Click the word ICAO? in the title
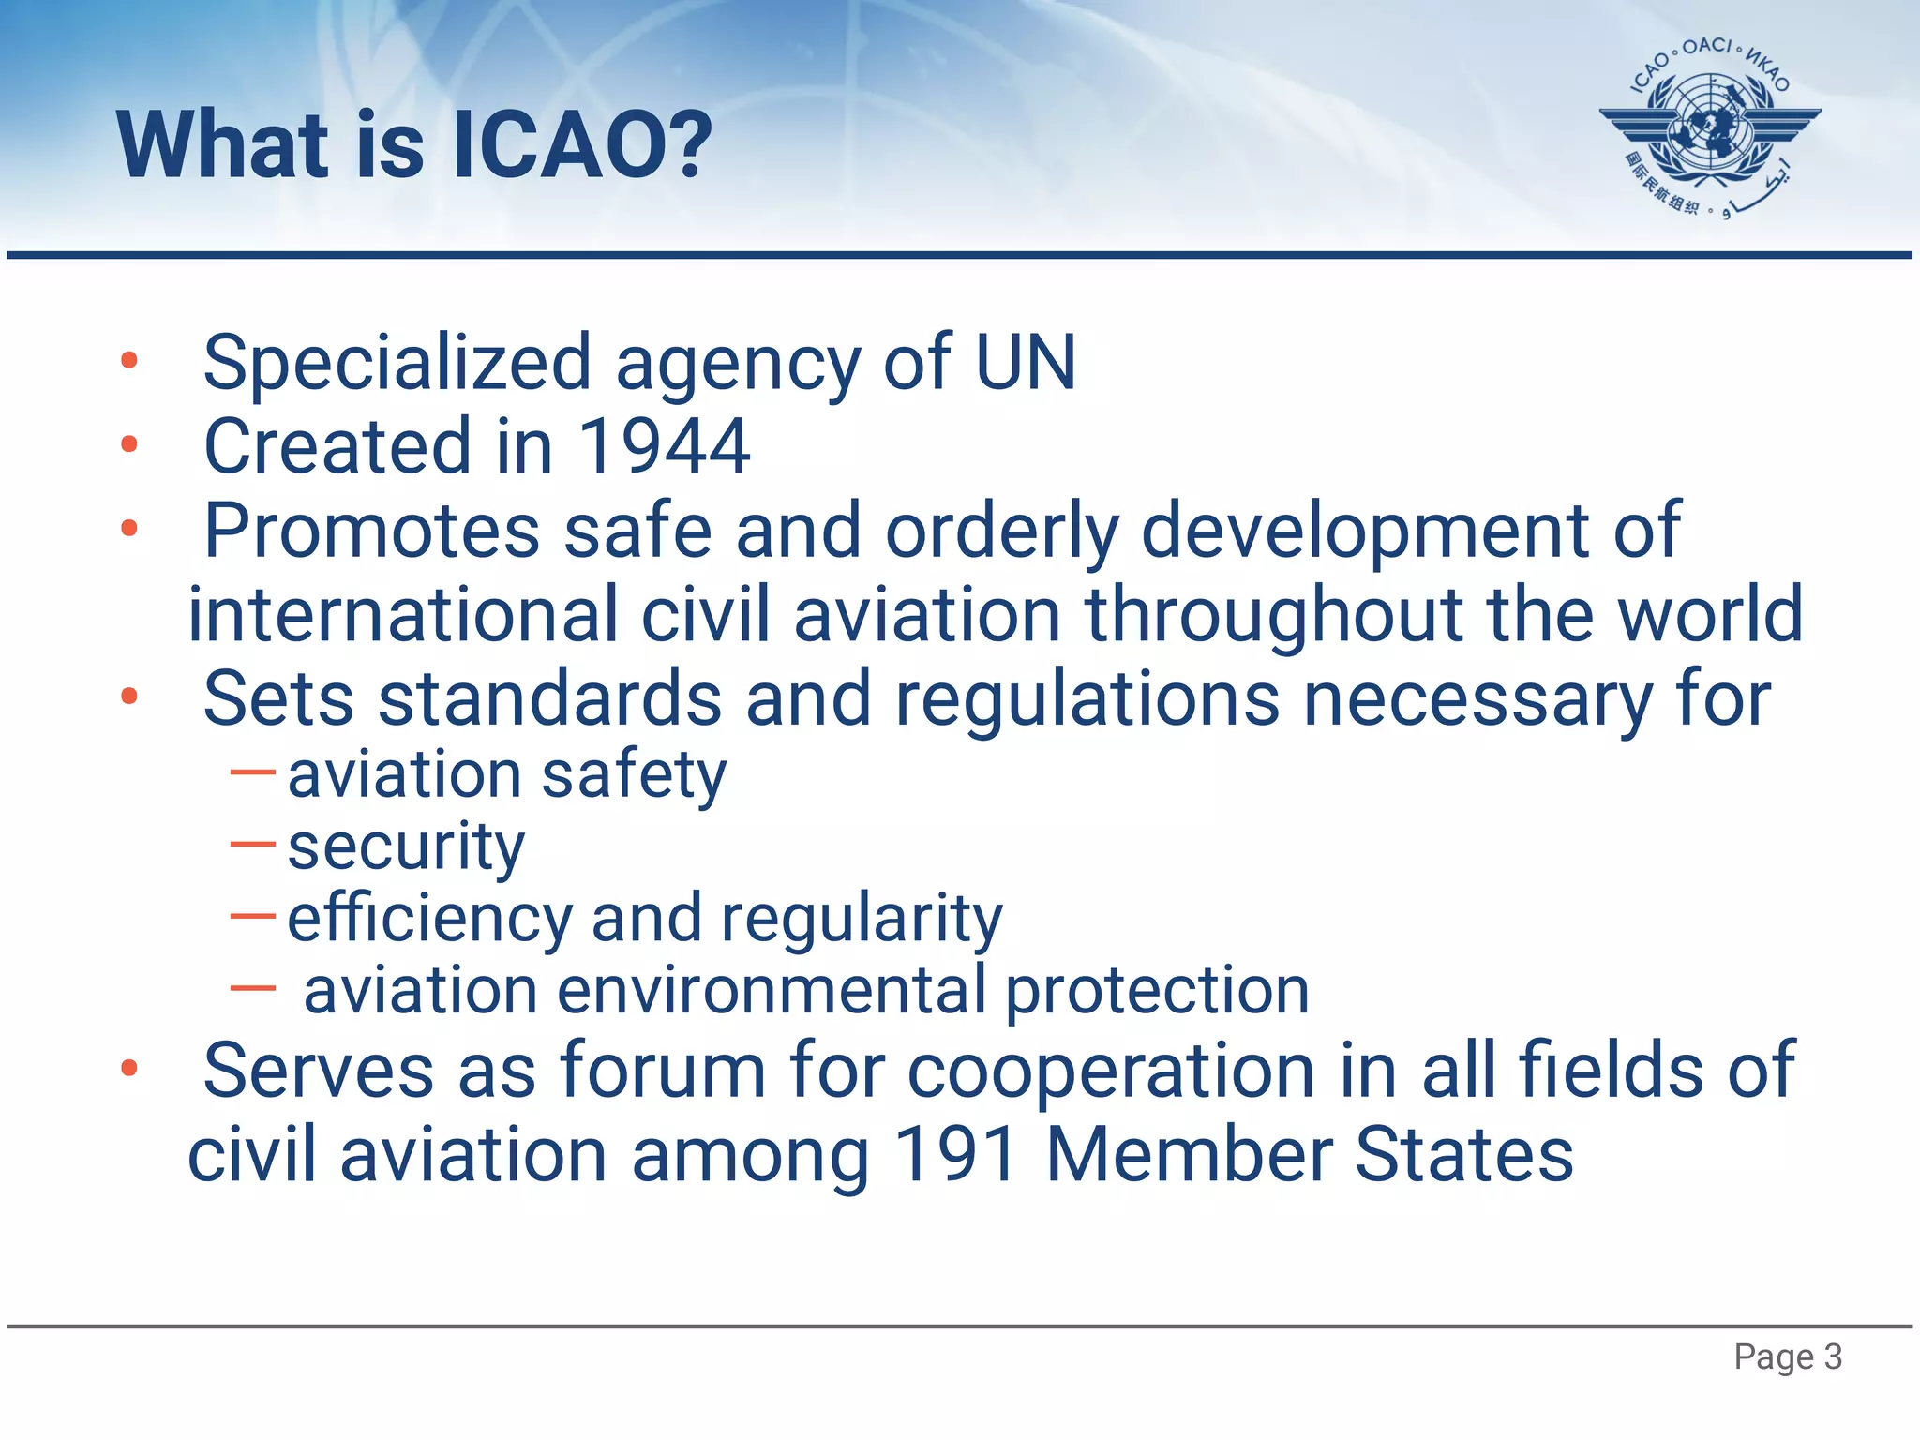581,145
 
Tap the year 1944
664,447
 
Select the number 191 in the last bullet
956,1155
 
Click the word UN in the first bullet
1026,363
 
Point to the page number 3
1833,1357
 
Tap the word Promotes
371,531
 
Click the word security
406,847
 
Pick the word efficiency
429,918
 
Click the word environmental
771,990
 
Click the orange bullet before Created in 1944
129,444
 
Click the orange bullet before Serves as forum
129,1068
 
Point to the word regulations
1087,699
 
